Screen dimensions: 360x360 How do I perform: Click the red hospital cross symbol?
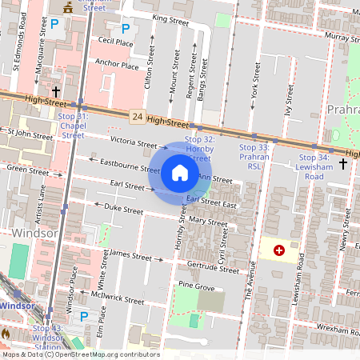coord(279,250)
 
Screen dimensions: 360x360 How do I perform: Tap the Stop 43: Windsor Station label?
coord(47,336)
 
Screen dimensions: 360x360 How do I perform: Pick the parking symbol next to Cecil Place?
coord(125,28)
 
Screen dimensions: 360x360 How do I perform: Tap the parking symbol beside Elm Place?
coord(84,316)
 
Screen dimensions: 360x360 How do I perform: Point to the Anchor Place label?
coord(117,65)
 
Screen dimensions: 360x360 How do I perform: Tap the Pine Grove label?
coord(197,286)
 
